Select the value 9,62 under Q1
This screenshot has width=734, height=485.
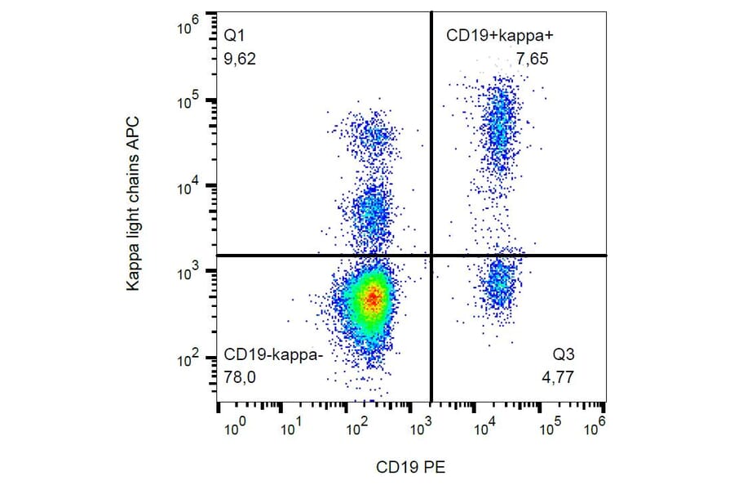click(x=241, y=59)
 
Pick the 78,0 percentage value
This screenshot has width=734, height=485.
click(x=241, y=377)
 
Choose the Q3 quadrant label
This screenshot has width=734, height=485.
click(x=564, y=357)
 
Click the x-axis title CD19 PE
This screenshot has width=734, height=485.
click(x=411, y=467)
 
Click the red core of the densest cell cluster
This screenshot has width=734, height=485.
click(x=372, y=298)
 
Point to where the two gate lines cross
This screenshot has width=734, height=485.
click(x=431, y=256)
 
